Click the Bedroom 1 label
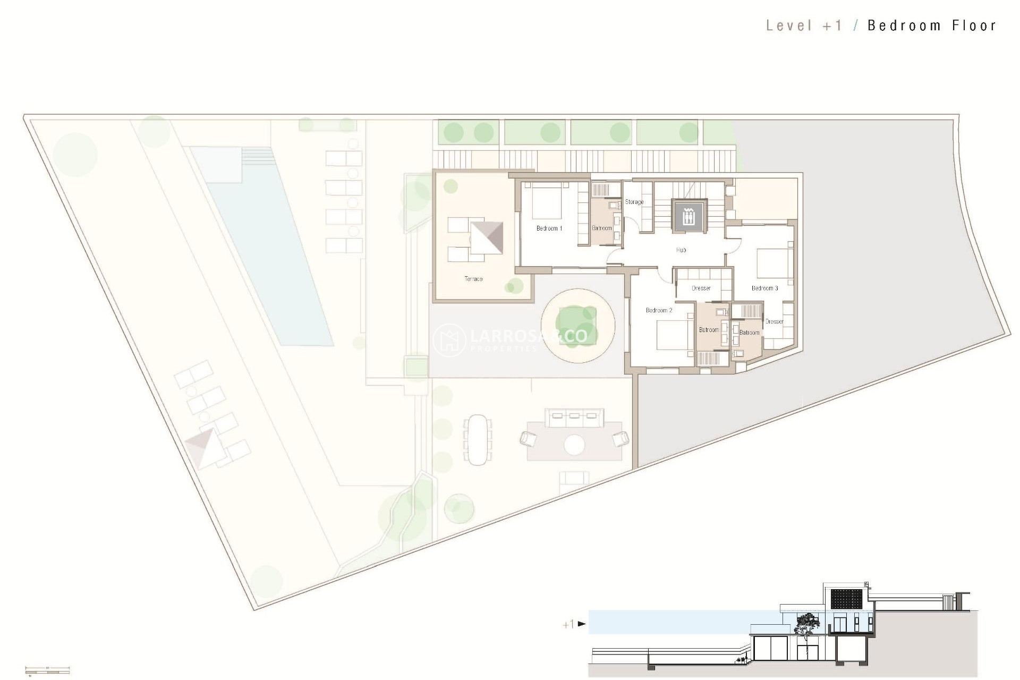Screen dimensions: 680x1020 coord(549,228)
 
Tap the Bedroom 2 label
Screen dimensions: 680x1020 coord(659,310)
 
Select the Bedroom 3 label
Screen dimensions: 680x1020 coord(764,288)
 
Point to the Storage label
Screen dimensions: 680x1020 coord(634,202)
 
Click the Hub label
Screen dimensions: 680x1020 coord(681,250)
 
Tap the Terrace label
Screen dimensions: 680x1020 coord(473,279)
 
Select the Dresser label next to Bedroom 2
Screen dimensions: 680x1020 coord(701,288)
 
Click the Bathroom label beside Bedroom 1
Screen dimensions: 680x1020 coord(602,228)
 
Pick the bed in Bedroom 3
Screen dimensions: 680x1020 coord(775,263)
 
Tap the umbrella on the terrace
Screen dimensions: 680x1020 coord(487,237)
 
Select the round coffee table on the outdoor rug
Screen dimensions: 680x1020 coord(574,445)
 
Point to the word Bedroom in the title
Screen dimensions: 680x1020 coord(904,25)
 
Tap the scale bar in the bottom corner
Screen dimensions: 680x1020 coord(47,670)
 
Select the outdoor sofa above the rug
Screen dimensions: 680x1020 coord(574,417)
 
